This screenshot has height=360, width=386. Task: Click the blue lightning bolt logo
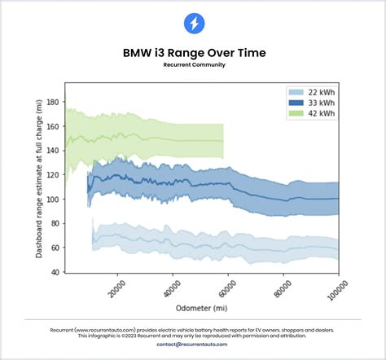(x=193, y=24)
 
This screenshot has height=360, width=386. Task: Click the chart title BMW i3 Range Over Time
(x=193, y=53)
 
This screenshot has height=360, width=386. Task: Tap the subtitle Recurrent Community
(x=193, y=64)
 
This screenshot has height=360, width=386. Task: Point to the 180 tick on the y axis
(x=54, y=103)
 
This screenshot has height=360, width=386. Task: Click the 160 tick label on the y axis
(x=54, y=127)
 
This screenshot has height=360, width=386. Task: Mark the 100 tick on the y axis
(x=54, y=200)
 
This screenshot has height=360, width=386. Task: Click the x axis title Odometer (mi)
(x=201, y=309)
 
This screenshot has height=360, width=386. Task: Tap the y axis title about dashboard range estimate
(x=39, y=178)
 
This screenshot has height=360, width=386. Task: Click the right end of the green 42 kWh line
(x=223, y=141)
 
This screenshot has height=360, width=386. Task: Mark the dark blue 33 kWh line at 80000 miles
(x=283, y=197)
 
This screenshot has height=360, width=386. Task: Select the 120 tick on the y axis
(x=54, y=175)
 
